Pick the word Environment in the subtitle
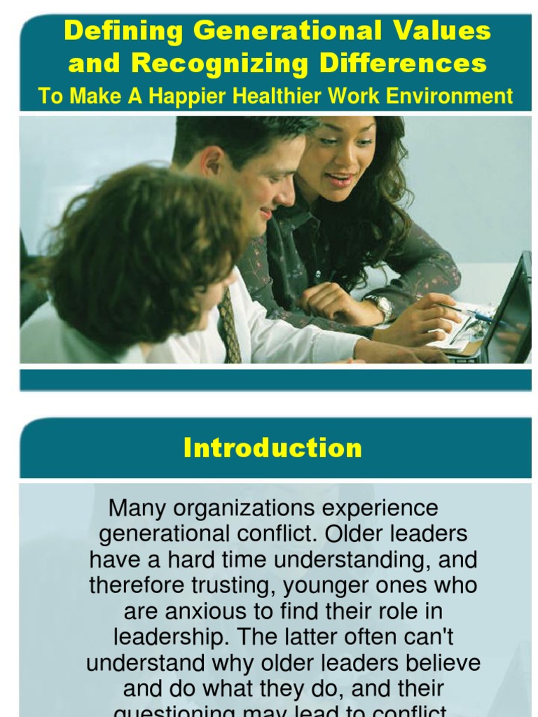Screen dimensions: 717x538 pos(455,96)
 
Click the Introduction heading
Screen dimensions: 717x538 pos(273,448)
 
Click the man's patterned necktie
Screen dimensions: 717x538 pos(229,326)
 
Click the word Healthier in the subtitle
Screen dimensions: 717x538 pos(325,96)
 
